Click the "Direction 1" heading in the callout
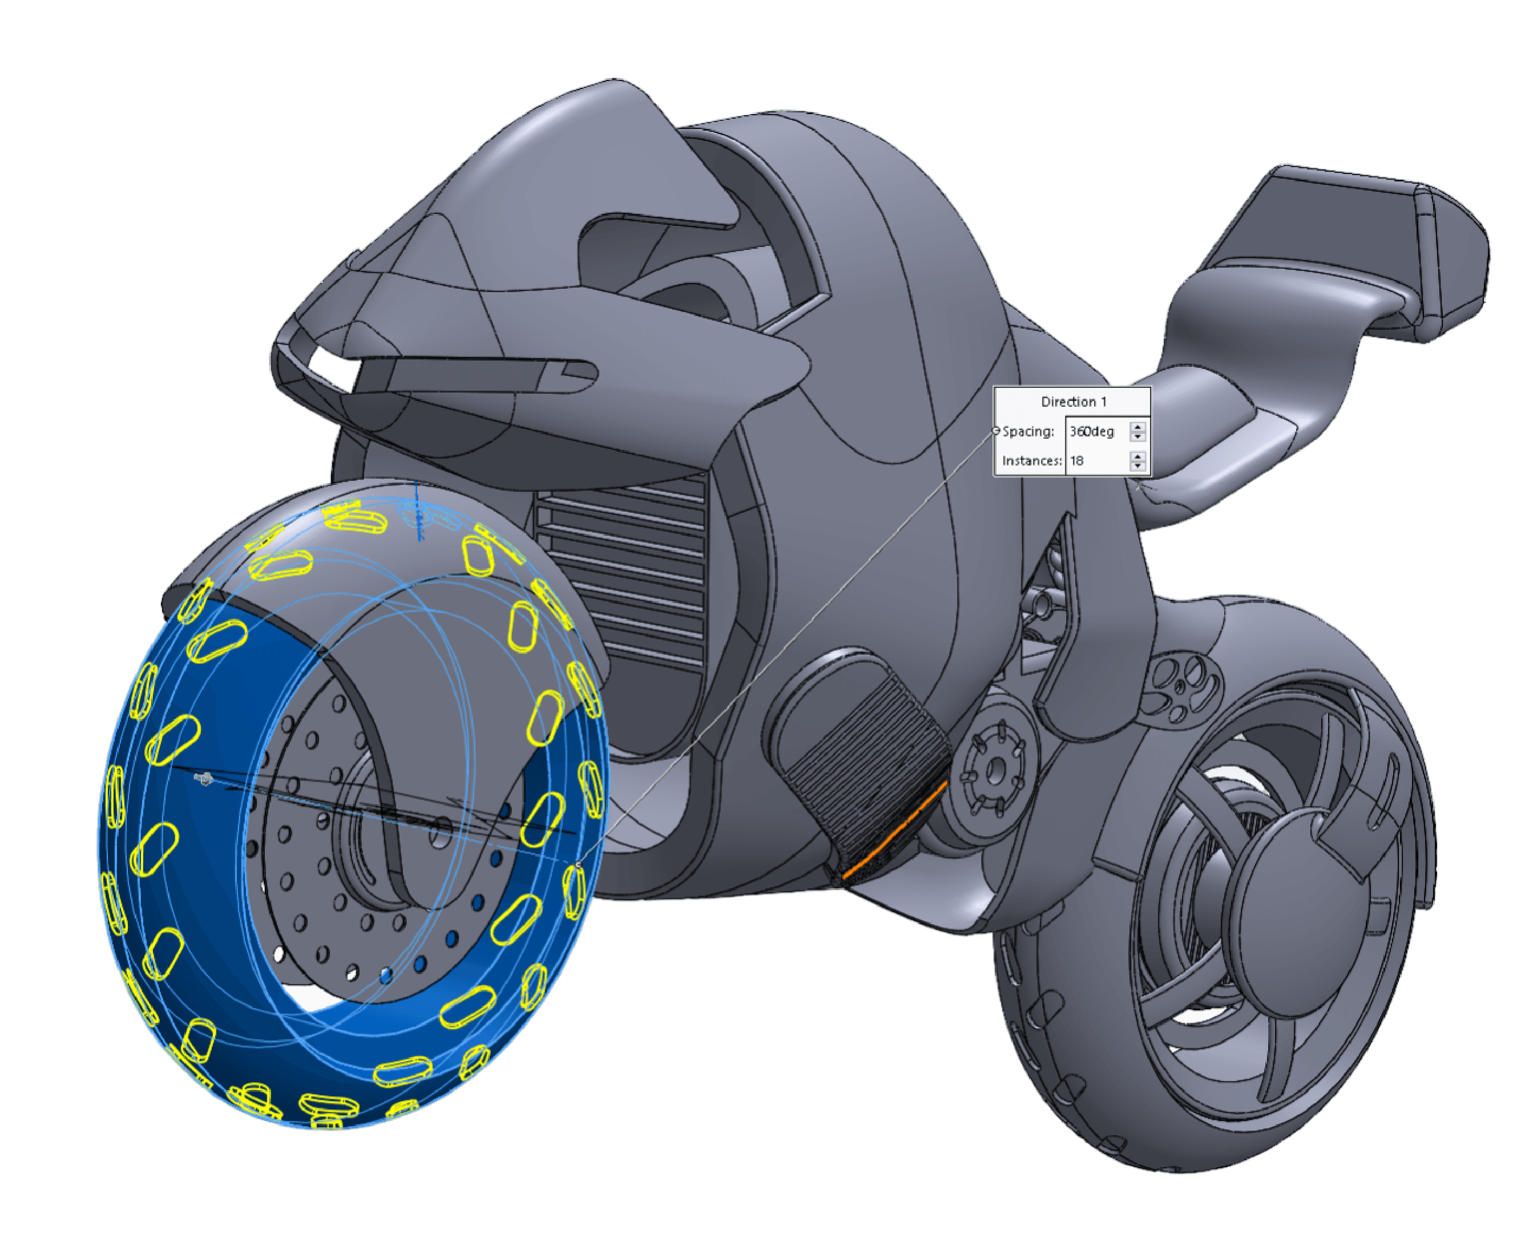1072,402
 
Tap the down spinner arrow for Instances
1137,465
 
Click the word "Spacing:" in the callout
1028,432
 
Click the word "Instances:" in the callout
1032,460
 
